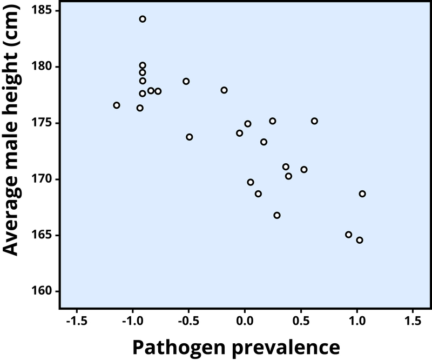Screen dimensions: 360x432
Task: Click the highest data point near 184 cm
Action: click(143, 19)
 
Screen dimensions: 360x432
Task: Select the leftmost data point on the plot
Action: click(117, 105)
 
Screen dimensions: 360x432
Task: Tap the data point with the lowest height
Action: click(360, 240)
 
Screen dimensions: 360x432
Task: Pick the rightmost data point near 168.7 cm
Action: click(362, 194)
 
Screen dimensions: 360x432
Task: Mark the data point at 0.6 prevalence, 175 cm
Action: click(314, 121)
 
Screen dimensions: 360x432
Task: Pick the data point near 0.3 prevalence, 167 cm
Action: click(277, 215)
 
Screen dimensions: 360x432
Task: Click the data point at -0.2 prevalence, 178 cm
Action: click(224, 90)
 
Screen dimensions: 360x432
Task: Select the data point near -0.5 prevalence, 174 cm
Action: click(190, 137)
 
